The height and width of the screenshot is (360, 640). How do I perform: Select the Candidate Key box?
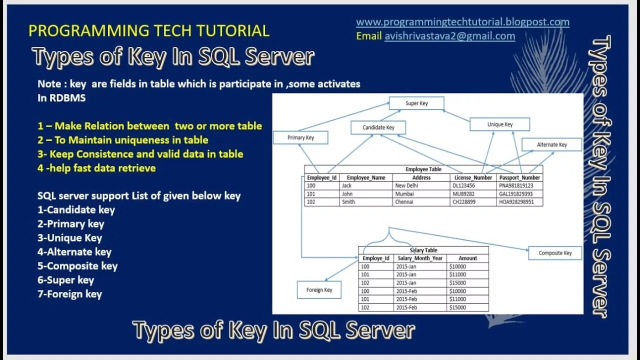[x=378, y=127]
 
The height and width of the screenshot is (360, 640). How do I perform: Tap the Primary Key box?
[x=300, y=137]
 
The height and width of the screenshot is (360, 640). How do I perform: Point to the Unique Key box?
[x=500, y=124]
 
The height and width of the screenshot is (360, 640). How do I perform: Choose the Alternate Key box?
[x=552, y=144]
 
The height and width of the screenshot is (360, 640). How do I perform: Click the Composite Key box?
[x=555, y=253]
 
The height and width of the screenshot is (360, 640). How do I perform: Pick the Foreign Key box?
[x=319, y=290]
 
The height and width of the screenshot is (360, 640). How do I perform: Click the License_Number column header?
[x=473, y=177]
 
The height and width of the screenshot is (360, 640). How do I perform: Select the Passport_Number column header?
[x=519, y=177]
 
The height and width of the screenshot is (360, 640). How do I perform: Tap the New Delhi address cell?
[x=406, y=185]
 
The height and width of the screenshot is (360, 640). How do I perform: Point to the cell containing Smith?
[x=348, y=202]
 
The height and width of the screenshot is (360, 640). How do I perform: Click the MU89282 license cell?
[x=463, y=194]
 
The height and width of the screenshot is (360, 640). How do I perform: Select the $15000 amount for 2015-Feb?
[x=457, y=307]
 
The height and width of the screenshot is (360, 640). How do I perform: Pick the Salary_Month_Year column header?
[x=420, y=258]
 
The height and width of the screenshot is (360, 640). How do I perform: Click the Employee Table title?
[x=423, y=169]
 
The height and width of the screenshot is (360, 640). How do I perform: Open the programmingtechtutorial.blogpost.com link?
[x=462, y=22]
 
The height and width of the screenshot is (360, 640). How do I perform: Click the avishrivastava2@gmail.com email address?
[x=449, y=36]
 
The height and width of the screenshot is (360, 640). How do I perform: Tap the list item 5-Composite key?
[x=77, y=266]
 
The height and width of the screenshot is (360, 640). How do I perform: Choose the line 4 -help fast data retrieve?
[x=96, y=168]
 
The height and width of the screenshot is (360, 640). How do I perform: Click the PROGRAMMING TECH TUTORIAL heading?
[x=149, y=30]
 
